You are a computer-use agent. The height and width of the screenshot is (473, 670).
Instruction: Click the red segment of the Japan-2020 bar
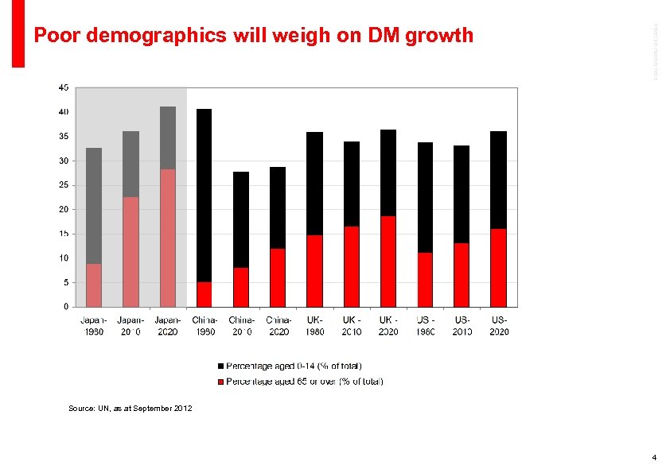(x=167, y=237)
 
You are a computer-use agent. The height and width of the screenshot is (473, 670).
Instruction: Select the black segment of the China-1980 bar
(x=204, y=195)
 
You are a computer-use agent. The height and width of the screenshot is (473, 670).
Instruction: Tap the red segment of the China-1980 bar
(x=204, y=294)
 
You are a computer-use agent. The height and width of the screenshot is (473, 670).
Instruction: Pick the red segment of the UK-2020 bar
(x=388, y=261)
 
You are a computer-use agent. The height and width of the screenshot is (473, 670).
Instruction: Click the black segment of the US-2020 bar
(x=498, y=180)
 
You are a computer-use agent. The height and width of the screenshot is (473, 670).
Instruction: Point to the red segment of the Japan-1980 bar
(x=94, y=285)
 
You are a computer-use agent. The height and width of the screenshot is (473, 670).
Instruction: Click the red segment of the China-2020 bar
(x=277, y=277)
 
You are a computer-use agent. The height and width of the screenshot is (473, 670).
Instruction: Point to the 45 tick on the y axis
(x=63, y=87)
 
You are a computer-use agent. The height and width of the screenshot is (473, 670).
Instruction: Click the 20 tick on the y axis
(x=63, y=209)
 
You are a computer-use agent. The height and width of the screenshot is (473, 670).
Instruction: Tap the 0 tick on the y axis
(x=65, y=306)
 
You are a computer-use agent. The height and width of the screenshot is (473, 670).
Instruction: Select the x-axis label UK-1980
(x=314, y=325)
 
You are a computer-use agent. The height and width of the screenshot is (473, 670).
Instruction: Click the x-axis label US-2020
(x=499, y=325)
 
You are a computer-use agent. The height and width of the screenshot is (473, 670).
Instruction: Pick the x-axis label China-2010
(x=242, y=325)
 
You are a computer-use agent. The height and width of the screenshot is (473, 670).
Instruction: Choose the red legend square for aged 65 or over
(x=221, y=382)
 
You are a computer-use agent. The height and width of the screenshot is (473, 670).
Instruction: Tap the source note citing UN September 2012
(x=130, y=408)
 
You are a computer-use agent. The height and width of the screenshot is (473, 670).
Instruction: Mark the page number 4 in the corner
(x=653, y=458)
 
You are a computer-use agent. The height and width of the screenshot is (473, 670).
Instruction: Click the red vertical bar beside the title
(x=18, y=33)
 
